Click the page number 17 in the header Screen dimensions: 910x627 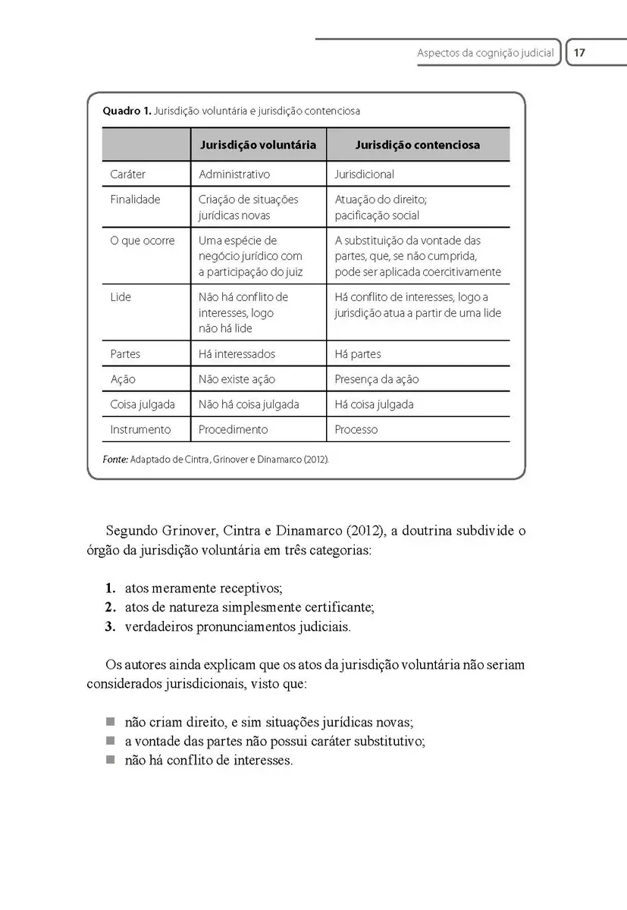[580, 54]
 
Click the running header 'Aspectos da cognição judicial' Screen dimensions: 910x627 [485, 54]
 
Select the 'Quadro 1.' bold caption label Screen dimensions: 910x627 [126, 111]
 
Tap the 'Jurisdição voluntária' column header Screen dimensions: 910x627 [258, 145]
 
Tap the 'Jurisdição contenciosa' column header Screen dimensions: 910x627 [417, 145]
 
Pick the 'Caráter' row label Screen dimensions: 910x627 [127, 174]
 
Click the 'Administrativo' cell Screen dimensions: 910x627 [234, 174]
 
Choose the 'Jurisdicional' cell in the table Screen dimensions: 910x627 [364, 174]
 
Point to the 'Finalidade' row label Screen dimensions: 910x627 [135, 199]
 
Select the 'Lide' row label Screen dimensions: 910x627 [121, 297]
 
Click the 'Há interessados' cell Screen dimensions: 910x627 [237, 354]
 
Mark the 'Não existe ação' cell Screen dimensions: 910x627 [237, 379]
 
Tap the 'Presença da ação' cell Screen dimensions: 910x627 [376, 379]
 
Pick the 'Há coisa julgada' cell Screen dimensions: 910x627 [374, 404]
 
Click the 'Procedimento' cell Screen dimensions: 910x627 [233, 429]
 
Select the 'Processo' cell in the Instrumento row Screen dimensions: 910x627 [356, 429]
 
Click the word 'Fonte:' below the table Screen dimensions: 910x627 [114, 460]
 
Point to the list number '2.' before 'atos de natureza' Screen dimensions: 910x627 [110, 607]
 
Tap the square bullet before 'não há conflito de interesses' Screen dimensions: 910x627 [110, 760]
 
